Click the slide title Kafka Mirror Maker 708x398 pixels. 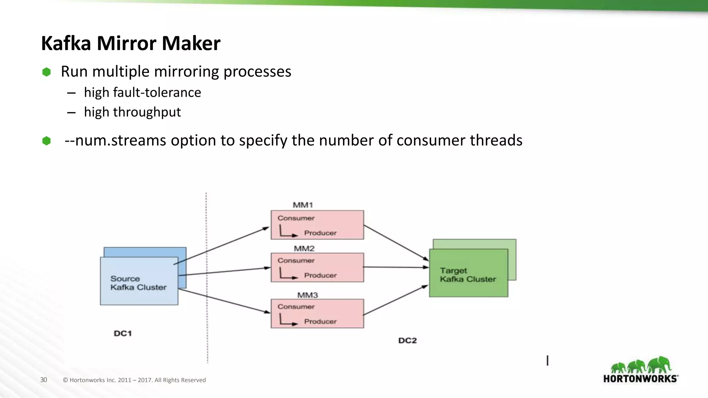pyautogui.click(x=131, y=43)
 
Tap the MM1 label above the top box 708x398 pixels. pyautogui.click(x=303, y=205)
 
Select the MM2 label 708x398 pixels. pyautogui.click(x=304, y=248)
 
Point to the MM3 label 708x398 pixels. pyautogui.click(x=307, y=295)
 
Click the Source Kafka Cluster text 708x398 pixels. pyautogui.click(x=138, y=283)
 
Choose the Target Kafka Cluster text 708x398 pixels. pyautogui.click(x=468, y=275)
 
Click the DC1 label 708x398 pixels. pyautogui.click(x=123, y=333)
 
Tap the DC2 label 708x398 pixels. pyautogui.click(x=408, y=341)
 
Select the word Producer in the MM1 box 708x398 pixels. pyautogui.click(x=320, y=233)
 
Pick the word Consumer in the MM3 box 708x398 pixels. pyautogui.click(x=296, y=306)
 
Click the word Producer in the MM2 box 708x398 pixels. pyautogui.click(x=320, y=275)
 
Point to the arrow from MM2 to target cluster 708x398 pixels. pyautogui.click(x=396, y=267)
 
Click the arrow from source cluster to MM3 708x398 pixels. pyautogui.click(x=225, y=301)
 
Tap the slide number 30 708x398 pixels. pyautogui.click(x=44, y=380)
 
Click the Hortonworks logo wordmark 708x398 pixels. pyautogui.click(x=640, y=379)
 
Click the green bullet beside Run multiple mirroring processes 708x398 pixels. pyautogui.click(x=46, y=72)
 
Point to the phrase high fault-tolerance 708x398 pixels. pyautogui.click(x=142, y=92)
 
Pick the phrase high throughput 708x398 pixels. pyautogui.click(x=132, y=112)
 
